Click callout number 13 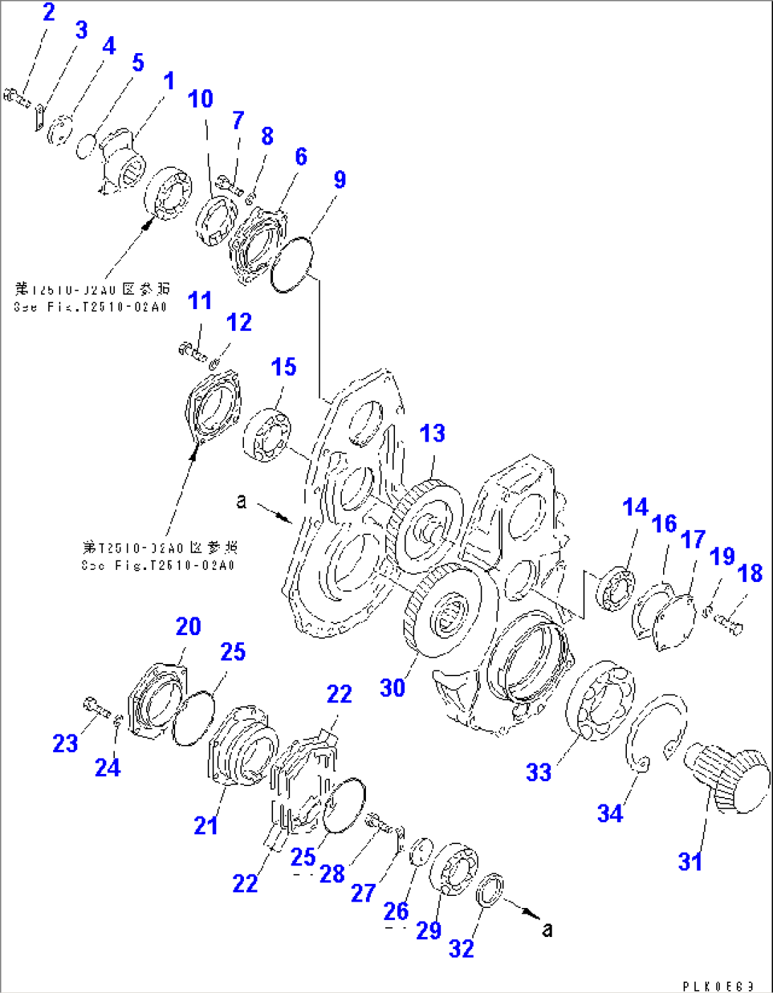point(433,433)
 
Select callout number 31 point(690,861)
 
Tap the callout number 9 point(340,179)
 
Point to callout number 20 point(189,626)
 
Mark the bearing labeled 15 point(267,435)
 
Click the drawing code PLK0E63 point(718,986)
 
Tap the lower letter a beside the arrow point(547,929)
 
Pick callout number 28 point(332,874)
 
